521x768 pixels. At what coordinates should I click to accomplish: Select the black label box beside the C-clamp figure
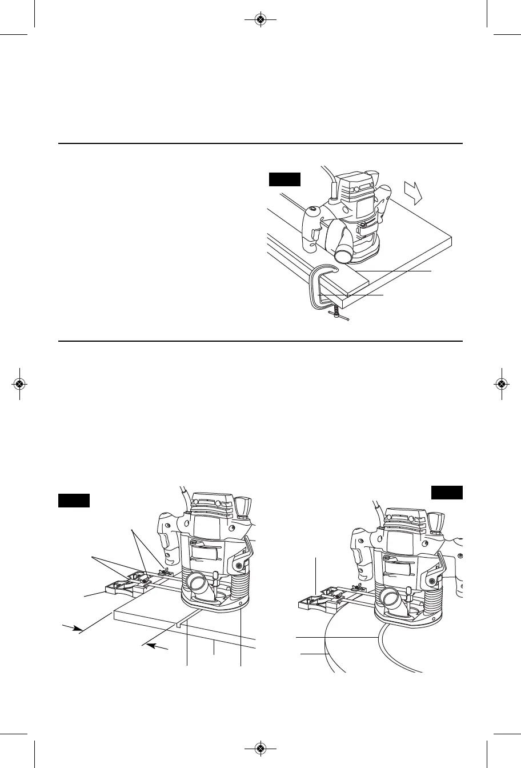tap(284, 180)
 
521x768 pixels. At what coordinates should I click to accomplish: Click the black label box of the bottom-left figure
tap(74, 501)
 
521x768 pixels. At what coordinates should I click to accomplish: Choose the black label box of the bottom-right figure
tap(447, 492)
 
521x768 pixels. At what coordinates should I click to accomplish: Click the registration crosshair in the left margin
tap(19, 384)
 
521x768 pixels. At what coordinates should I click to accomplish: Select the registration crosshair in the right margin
tap(501, 384)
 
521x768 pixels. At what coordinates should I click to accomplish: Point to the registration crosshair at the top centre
tap(260, 19)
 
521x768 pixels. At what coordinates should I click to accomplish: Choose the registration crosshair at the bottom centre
tap(260, 748)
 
